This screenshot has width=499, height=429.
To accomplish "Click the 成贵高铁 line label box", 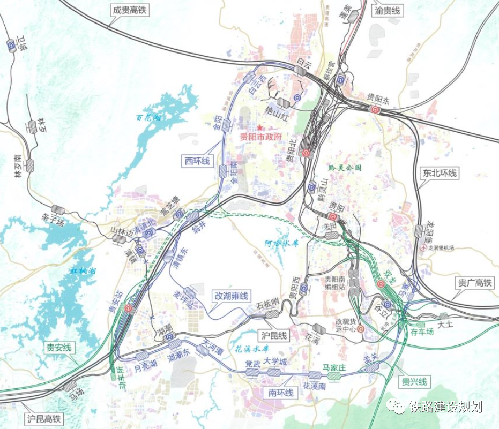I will [129, 10].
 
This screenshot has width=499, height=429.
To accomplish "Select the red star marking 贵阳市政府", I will [260, 128].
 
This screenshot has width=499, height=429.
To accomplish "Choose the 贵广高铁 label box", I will [474, 283].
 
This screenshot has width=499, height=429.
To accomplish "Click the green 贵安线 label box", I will [59, 348].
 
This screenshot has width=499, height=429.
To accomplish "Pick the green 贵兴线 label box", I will [414, 382].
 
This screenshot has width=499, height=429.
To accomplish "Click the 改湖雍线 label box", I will [232, 296].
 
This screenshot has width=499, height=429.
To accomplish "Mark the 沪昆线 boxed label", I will [274, 336].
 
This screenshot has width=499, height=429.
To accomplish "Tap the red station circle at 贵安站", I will [128, 308].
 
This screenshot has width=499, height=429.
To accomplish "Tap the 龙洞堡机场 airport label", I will [441, 248].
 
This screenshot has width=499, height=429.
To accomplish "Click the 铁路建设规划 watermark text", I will [445, 407].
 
